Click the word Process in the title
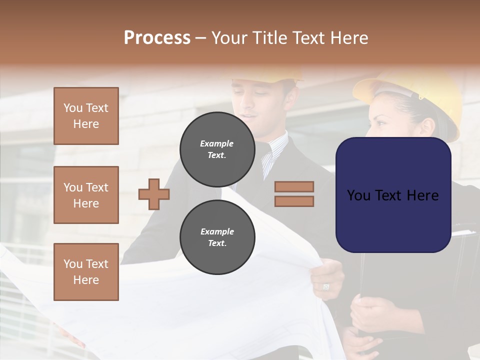pos(157,38)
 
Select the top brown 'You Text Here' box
pos(86,116)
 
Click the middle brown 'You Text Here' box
pos(86,195)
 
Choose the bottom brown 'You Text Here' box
pos(86,271)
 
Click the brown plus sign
pos(154,194)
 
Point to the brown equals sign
pos(294,194)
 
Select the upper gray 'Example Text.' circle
pos(217,149)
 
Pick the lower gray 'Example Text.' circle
pos(217,237)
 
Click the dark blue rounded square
pos(393,195)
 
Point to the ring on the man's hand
pos(326,286)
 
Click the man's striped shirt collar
pos(274,150)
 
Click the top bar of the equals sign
pos(294,187)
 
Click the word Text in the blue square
pos(393,195)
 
